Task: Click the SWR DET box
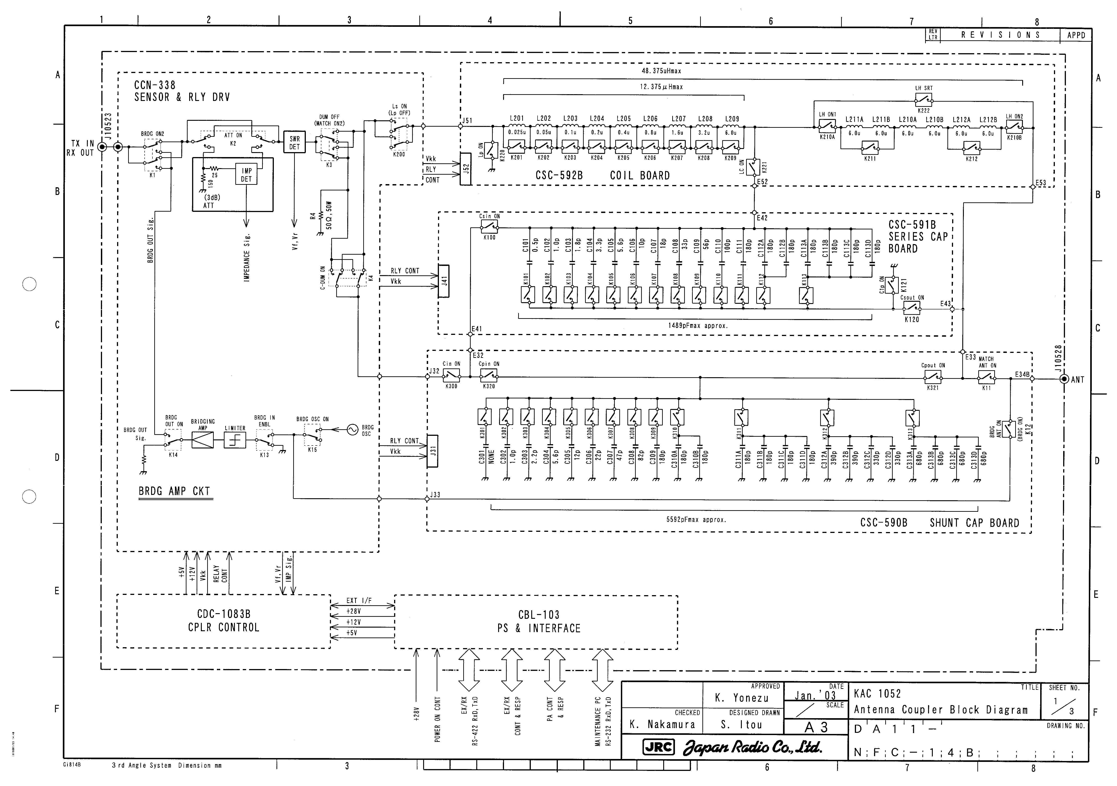pyautogui.click(x=294, y=142)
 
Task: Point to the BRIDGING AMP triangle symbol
pyautogui.click(x=202, y=440)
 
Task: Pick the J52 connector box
pyautogui.click(x=465, y=169)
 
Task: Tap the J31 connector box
pyautogui.click(x=432, y=451)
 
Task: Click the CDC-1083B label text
pyautogui.click(x=224, y=614)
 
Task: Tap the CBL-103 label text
pyautogui.click(x=538, y=615)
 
